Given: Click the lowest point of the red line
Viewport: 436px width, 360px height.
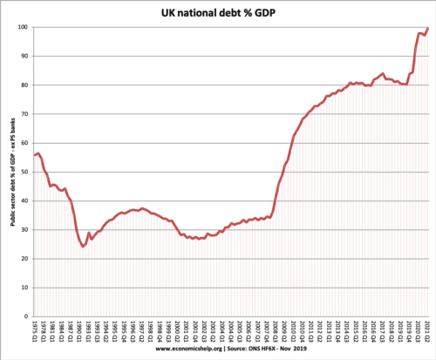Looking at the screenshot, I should pos(83,246).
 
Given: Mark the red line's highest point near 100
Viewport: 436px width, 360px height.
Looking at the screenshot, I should pos(427,29).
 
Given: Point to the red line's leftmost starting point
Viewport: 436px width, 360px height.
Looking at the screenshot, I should pos(34,155).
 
